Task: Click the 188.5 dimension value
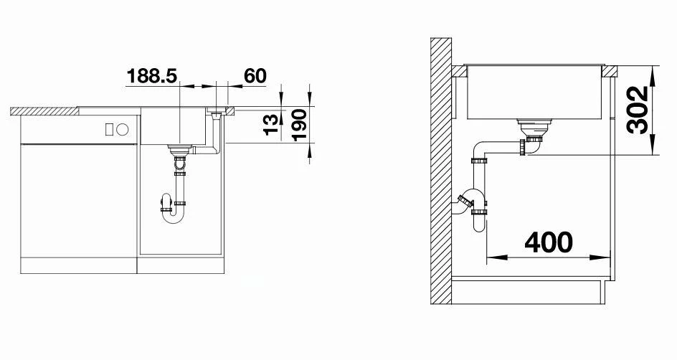pyautogui.click(x=151, y=75)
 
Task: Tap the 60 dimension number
pyautogui.click(x=255, y=75)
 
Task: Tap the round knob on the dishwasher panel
pyautogui.click(x=122, y=130)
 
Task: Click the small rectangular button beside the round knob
pyautogui.click(x=110, y=130)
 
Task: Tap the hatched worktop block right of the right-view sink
pyautogui.click(x=610, y=72)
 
